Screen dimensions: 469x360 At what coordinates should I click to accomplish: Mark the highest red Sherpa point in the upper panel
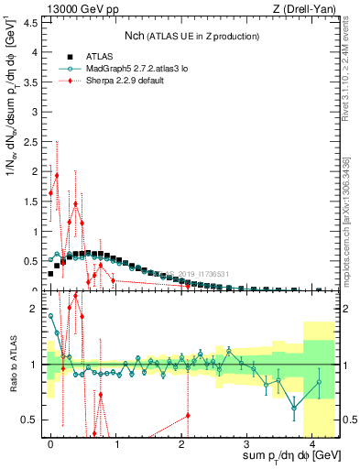(56, 175)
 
